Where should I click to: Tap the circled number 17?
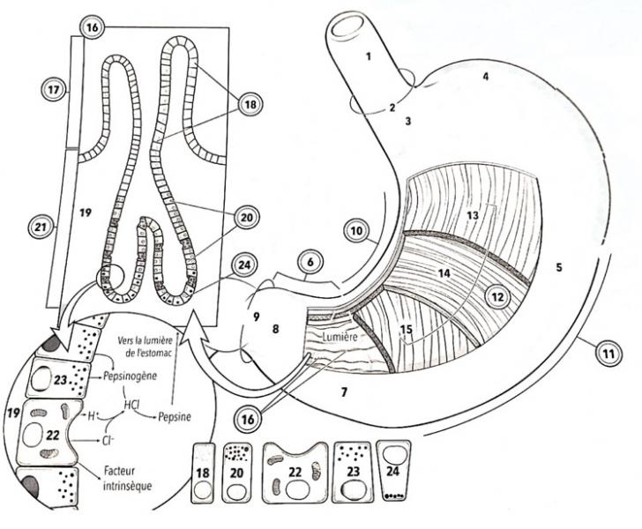pos(54,89)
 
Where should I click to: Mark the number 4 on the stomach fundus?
pos(484,77)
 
